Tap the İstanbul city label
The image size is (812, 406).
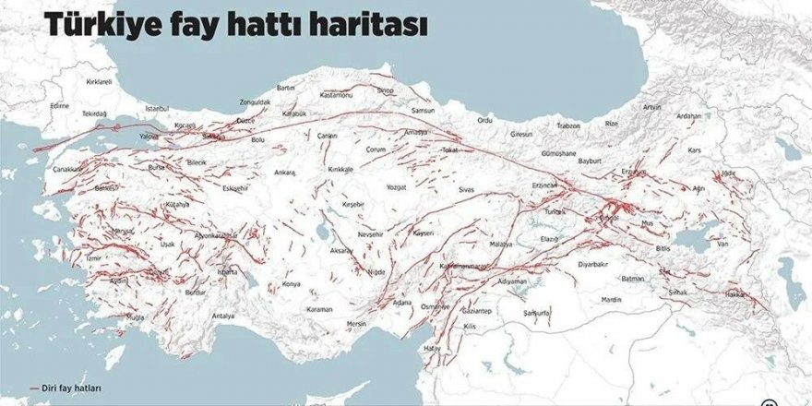click(158, 108)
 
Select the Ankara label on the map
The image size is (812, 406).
click(285, 172)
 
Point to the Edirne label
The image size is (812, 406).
click(60, 106)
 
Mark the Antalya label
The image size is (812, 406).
click(223, 316)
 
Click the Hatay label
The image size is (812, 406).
click(432, 347)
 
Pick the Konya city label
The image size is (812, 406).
click(292, 284)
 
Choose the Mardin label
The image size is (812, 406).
click(612, 299)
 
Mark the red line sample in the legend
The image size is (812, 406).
click(37, 388)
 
